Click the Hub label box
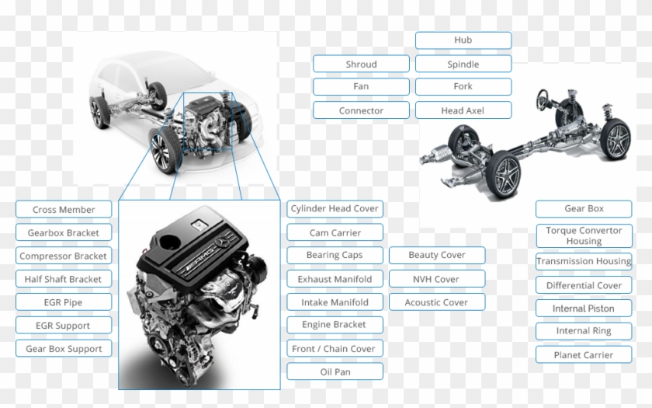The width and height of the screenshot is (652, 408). (x=463, y=40)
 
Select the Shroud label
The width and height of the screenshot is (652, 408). (x=361, y=64)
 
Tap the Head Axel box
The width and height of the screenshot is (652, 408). (x=463, y=110)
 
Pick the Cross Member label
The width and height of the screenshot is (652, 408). (x=64, y=209)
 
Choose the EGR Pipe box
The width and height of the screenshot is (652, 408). (x=64, y=302)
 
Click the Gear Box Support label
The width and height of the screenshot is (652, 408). (x=64, y=348)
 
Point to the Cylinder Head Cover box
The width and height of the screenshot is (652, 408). (x=335, y=208)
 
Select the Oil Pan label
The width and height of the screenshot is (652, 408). (x=335, y=371)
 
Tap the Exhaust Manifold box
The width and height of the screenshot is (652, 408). (x=335, y=279)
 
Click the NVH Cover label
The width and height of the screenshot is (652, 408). (x=437, y=279)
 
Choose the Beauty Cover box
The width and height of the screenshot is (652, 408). (x=437, y=255)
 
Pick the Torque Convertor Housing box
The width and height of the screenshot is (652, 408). (x=584, y=235)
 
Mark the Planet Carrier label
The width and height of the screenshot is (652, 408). (x=584, y=354)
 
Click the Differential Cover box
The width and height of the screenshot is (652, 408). (x=584, y=285)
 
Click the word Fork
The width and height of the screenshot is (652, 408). (x=463, y=86)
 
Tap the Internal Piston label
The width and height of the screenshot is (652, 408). (x=584, y=309)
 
